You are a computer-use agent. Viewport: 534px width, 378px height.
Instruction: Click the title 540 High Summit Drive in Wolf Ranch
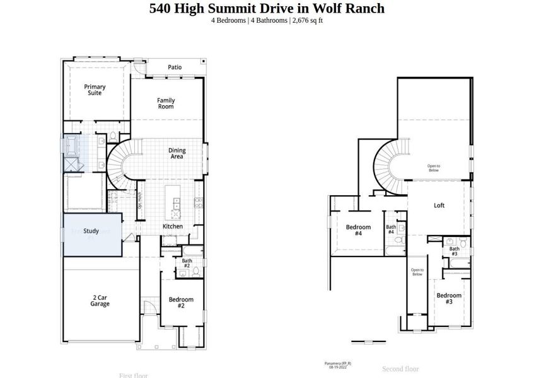coord(267,8)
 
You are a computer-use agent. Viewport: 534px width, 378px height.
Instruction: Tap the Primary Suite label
coord(95,90)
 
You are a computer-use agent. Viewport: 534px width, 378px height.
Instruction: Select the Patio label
coord(175,67)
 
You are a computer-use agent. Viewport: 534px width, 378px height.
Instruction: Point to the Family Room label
coord(166,103)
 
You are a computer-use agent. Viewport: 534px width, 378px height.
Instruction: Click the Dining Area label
coord(177,153)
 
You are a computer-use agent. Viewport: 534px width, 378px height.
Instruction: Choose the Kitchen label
coord(173,226)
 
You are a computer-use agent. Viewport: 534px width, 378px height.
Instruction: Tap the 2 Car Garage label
coord(100,301)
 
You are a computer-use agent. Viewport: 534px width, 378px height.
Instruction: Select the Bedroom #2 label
coord(181,302)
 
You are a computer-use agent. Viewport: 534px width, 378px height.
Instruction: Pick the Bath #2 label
coord(187,263)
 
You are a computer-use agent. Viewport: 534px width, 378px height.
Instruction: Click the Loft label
coord(439,205)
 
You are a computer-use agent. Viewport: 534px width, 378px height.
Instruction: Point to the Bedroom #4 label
coord(358,230)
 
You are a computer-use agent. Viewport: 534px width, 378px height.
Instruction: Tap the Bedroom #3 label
coord(449,299)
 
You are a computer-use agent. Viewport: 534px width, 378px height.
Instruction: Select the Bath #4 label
coord(391,229)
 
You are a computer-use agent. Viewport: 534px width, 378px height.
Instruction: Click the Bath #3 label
coord(454,251)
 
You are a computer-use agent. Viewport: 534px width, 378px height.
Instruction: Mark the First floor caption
coord(134,375)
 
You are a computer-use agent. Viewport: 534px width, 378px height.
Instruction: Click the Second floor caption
coord(400,369)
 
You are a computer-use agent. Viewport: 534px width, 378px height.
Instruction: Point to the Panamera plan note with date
coord(338,365)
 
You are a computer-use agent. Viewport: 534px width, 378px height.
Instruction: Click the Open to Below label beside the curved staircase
coord(433,168)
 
